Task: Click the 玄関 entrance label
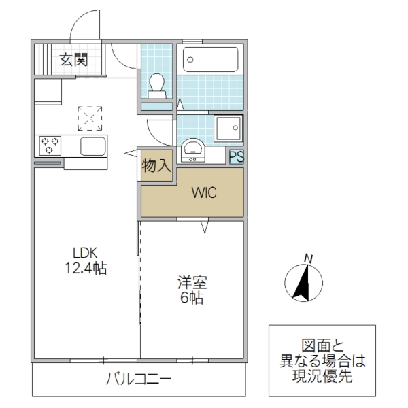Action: click(73, 60)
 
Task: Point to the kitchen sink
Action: click(92, 146)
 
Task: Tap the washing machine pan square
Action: click(227, 128)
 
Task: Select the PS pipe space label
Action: click(236, 157)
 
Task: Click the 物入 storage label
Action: click(156, 165)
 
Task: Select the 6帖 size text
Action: click(192, 298)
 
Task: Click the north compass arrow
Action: click(302, 282)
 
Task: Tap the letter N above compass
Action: click(308, 258)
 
